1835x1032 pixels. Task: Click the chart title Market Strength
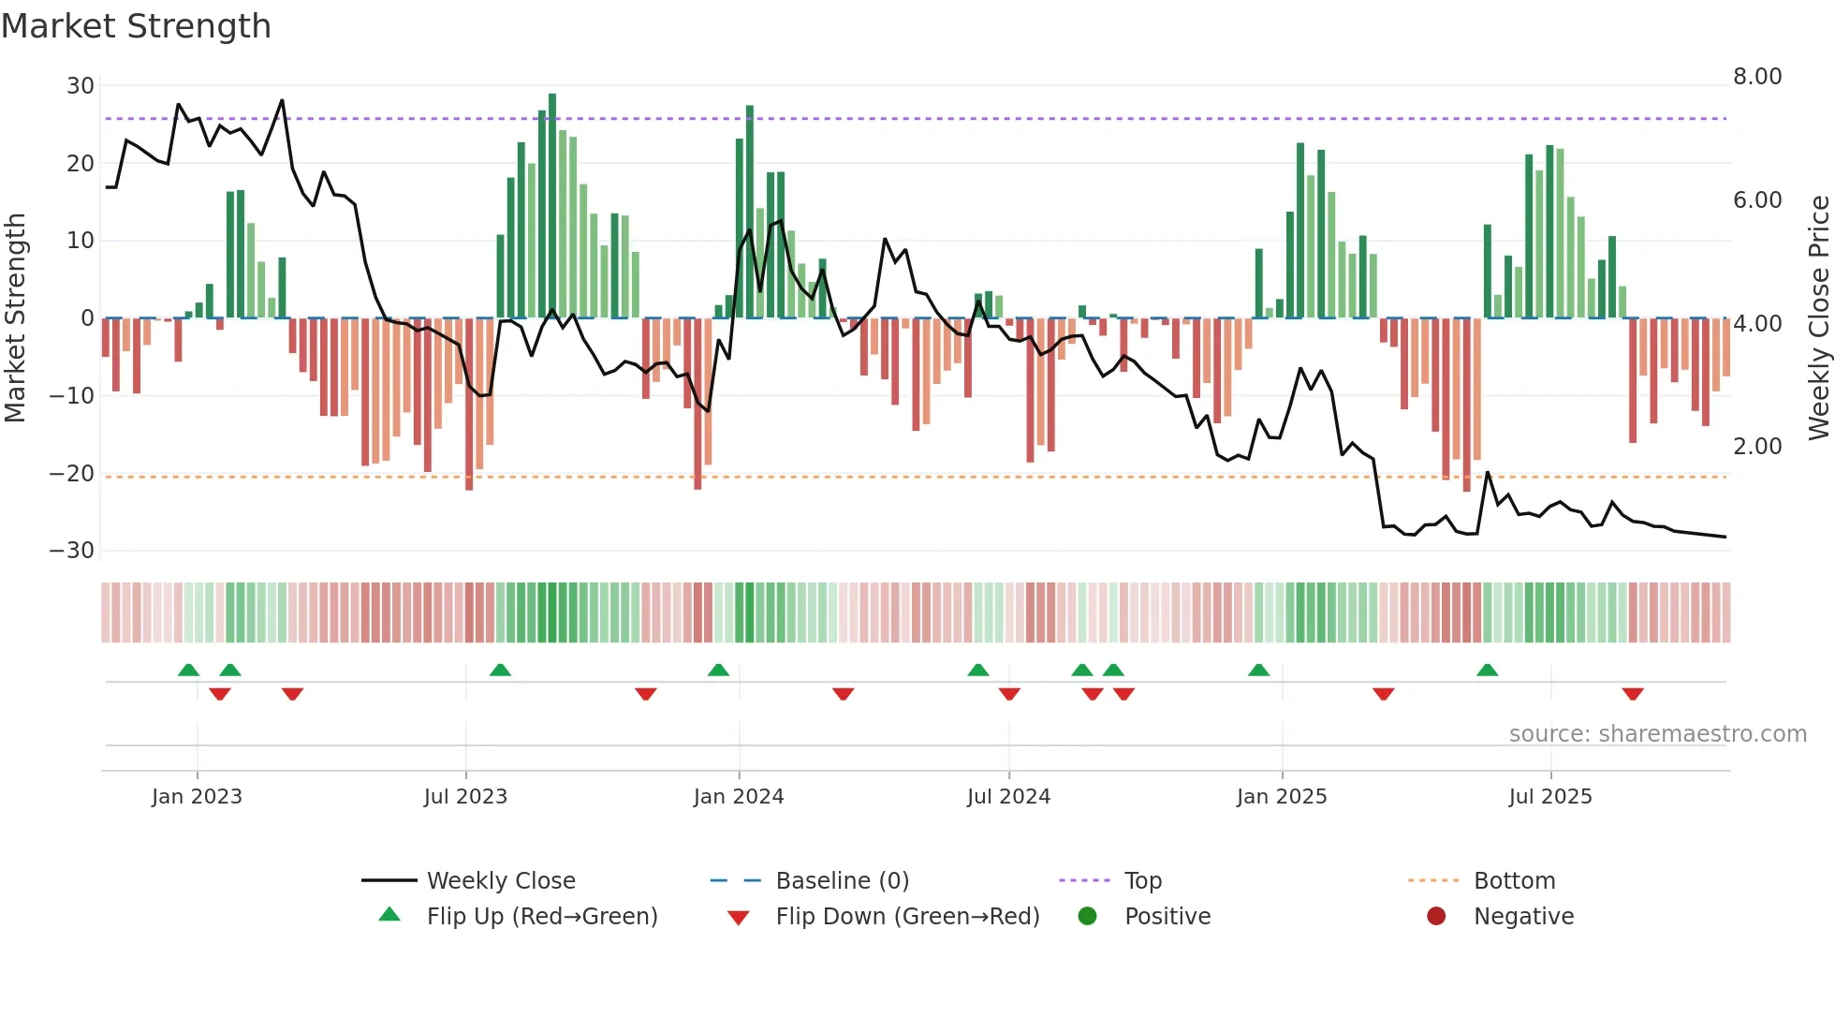(136, 26)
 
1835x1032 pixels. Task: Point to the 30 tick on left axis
(81, 86)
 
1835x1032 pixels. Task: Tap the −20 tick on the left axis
(73, 474)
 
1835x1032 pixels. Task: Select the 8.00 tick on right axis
(1756, 77)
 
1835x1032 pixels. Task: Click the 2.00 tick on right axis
(1756, 447)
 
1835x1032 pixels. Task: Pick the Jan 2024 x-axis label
(738, 797)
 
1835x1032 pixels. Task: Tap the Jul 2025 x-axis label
(1549, 797)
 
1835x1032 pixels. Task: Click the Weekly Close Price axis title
(1818, 318)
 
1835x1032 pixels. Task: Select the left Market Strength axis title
(15, 318)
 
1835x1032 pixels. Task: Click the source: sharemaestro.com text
(1657, 734)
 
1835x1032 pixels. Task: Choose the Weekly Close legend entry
(500, 881)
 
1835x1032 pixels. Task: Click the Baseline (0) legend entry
(842, 881)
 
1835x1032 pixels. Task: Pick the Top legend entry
(1142, 881)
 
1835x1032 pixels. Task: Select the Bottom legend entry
(1514, 881)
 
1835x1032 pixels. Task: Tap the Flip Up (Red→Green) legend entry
(541, 917)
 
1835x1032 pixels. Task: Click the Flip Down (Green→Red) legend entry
(906, 917)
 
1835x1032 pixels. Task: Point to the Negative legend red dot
(1436, 917)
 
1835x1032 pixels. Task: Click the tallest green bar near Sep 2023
(552, 206)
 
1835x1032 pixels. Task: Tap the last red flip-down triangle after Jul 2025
(1633, 694)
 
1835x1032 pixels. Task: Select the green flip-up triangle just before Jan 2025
(1258, 671)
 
